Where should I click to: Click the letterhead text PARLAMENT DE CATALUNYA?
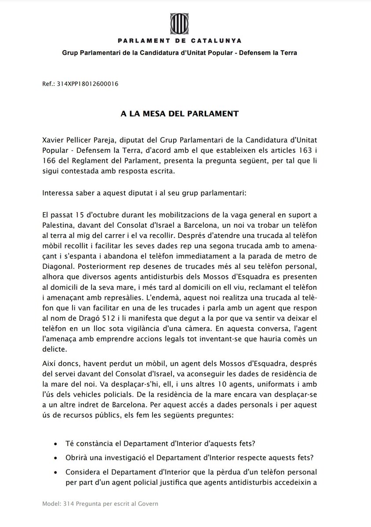185,41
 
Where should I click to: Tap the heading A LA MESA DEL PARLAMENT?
180,113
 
